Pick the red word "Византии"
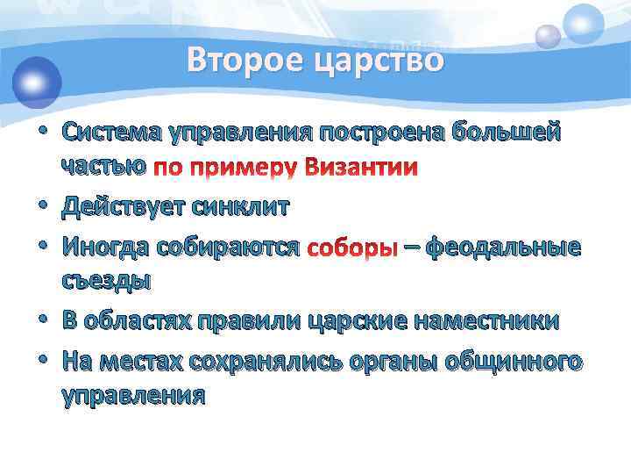coord(361,167)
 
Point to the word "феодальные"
coord(503,248)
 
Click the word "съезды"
coord(106,282)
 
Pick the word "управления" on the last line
coord(133,395)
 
